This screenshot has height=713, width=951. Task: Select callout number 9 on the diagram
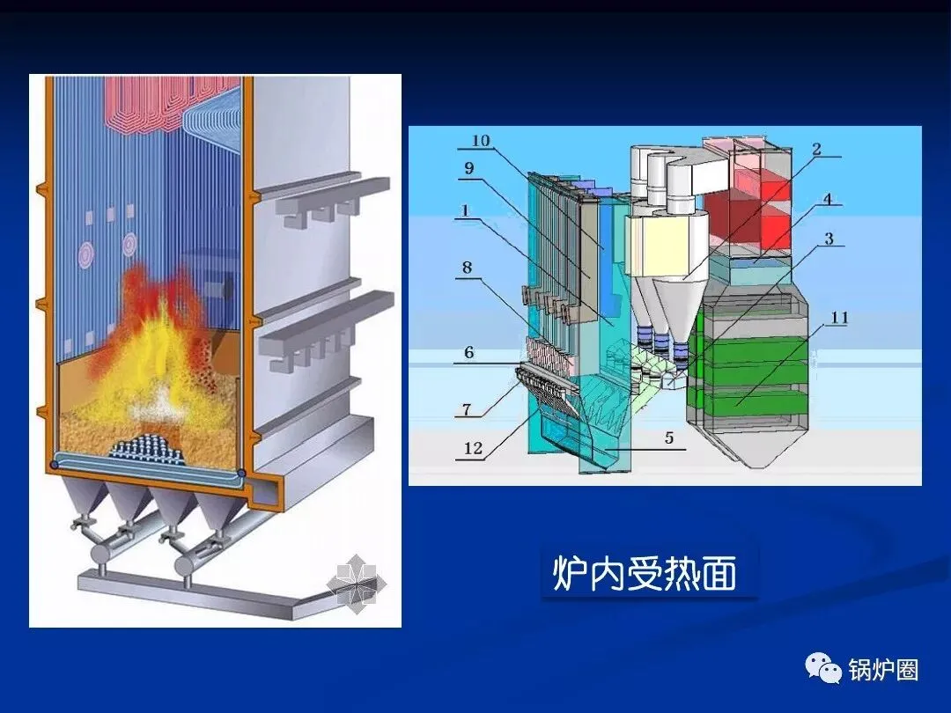(x=468, y=166)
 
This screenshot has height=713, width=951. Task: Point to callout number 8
(x=468, y=266)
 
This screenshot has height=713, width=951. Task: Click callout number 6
(x=468, y=352)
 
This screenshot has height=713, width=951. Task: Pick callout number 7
(x=468, y=410)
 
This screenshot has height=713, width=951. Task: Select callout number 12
(x=473, y=448)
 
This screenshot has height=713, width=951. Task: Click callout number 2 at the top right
(x=816, y=150)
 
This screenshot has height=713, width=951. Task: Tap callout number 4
(x=828, y=199)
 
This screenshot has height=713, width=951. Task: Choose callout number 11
(x=838, y=317)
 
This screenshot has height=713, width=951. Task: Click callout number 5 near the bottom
(x=669, y=437)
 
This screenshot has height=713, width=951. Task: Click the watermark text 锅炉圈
(x=883, y=670)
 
